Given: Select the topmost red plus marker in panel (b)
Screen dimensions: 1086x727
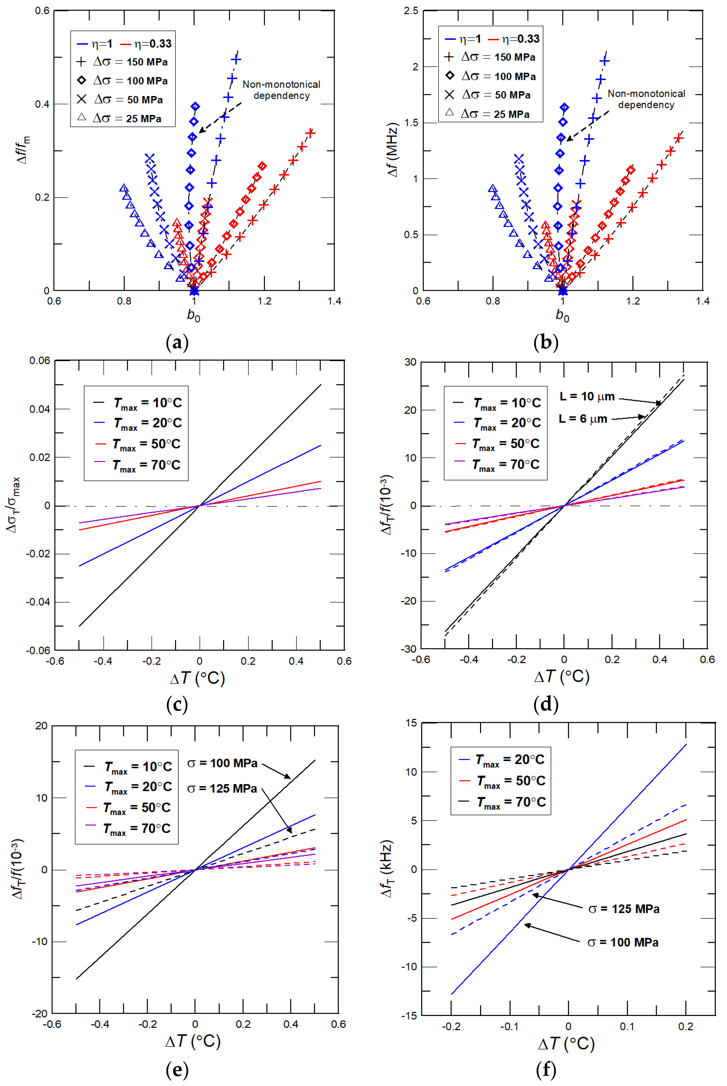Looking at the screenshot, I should click(678, 138).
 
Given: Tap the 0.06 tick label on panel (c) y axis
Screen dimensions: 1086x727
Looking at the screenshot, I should click(40, 361).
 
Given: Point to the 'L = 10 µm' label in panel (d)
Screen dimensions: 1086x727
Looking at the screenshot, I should click(587, 396).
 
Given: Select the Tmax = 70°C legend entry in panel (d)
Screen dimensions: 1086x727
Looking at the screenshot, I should click(497, 464).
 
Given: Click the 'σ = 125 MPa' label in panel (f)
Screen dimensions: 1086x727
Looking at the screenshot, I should click(623, 909).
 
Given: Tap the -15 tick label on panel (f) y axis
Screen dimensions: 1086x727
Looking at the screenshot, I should click(409, 1015).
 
